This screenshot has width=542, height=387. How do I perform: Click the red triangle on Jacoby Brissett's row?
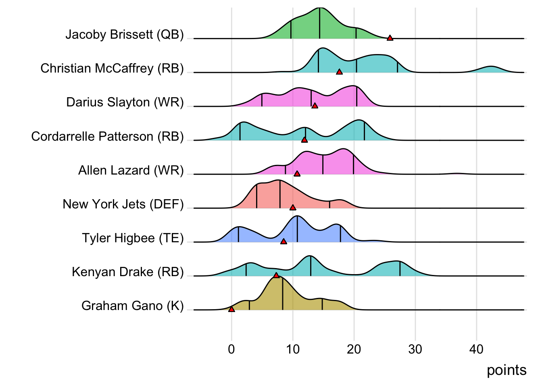click(390, 38)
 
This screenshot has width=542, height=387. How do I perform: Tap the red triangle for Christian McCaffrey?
click(339, 72)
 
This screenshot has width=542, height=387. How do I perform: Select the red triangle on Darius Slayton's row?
click(315, 106)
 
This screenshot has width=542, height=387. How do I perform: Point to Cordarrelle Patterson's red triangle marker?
click(304, 139)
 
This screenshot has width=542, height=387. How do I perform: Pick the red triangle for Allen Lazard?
click(297, 173)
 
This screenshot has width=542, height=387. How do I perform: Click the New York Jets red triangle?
click(293, 207)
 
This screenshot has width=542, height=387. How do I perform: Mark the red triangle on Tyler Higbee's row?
click(284, 241)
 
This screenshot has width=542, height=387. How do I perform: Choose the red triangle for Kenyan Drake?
click(276, 275)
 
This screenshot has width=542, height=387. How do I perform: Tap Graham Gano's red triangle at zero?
click(231, 309)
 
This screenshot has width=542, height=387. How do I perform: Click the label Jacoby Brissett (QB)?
click(125, 35)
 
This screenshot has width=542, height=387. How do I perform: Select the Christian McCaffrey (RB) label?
click(112, 69)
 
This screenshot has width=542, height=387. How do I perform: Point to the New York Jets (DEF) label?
click(123, 204)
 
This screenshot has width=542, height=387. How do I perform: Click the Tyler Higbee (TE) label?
click(133, 238)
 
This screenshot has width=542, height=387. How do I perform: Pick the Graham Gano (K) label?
click(132, 306)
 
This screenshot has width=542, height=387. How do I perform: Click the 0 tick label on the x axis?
click(231, 349)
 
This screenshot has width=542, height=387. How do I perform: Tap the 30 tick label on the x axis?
click(415, 349)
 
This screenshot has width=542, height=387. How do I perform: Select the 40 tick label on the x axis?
click(476, 349)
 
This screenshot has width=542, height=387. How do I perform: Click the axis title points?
click(507, 370)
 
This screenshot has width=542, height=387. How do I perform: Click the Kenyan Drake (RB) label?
click(127, 272)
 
